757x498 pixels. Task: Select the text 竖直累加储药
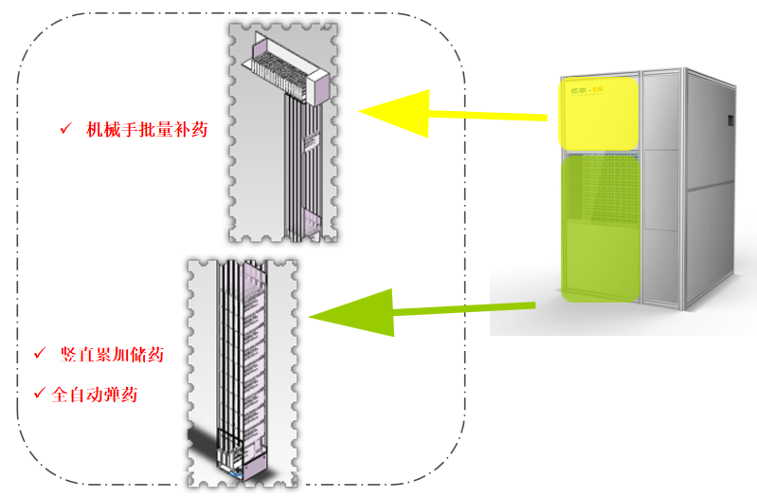pos(112,355)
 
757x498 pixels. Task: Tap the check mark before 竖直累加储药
pos(40,354)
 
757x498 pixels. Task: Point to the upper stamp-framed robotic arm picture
pos(283,133)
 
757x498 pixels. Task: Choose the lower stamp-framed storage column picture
pos(242,370)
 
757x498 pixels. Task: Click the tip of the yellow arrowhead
pos(361,110)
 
